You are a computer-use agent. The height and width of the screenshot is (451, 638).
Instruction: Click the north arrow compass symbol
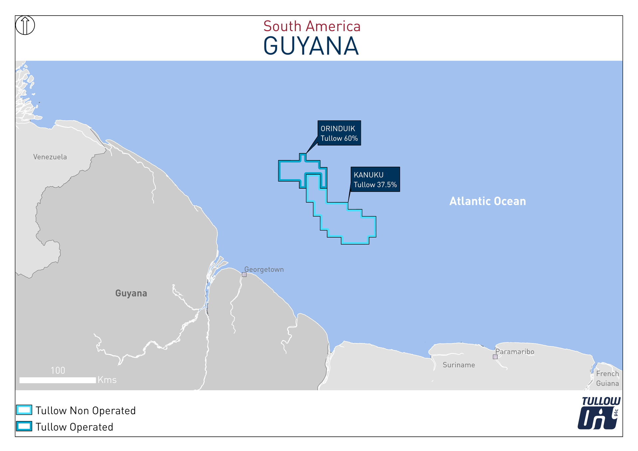pos(25,25)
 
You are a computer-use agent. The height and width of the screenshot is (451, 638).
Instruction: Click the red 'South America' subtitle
pos(312,27)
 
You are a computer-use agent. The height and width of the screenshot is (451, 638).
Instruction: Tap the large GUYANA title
pos(311,46)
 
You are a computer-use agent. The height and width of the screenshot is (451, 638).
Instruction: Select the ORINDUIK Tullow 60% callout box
pos(339,133)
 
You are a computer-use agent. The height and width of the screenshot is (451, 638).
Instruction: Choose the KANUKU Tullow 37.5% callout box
pos(375,180)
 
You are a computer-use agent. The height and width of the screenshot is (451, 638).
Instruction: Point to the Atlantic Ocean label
pos(487,201)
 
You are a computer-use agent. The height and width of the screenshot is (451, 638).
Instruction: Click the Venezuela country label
pos(50,157)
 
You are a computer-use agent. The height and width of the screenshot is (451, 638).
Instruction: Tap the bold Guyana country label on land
pos(131,293)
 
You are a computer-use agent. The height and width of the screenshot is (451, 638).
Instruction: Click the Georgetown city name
pos(264,269)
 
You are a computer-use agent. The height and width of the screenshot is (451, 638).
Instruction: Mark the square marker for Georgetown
pos(244,275)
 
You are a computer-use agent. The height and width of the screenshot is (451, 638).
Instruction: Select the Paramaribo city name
pos(515,352)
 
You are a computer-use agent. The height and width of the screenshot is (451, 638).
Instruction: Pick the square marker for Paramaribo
pos(495,357)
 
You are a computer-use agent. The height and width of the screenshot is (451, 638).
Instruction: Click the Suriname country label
pos(459,365)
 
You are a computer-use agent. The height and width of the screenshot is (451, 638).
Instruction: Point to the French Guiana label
pos(607,379)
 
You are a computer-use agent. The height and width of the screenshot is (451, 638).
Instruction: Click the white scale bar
pos(57,380)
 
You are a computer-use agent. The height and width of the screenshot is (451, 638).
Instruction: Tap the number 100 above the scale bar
pos(58,371)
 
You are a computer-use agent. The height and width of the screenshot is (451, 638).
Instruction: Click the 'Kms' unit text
pos(107,380)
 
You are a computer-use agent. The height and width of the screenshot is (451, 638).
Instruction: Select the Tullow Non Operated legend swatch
pos(24,410)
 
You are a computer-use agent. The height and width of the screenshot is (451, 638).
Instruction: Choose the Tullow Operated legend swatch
pos(24,426)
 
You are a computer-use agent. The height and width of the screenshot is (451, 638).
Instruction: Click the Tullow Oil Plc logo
pos(599,413)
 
